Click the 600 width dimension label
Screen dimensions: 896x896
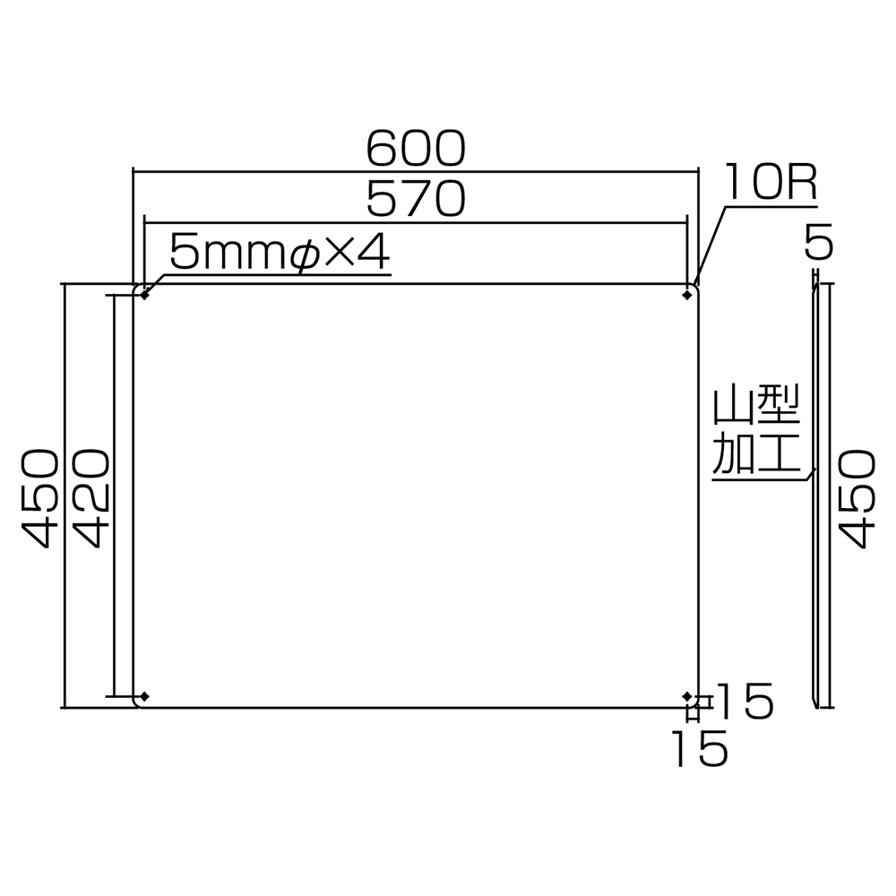pyautogui.click(x=416, y=149)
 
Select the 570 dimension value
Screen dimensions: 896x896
pyautogui.click(x=416, y=198)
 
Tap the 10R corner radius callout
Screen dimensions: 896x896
pyautogui.click(x=771, y=182)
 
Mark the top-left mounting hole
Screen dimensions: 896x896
pyautogui.click(x=144, y=295)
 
